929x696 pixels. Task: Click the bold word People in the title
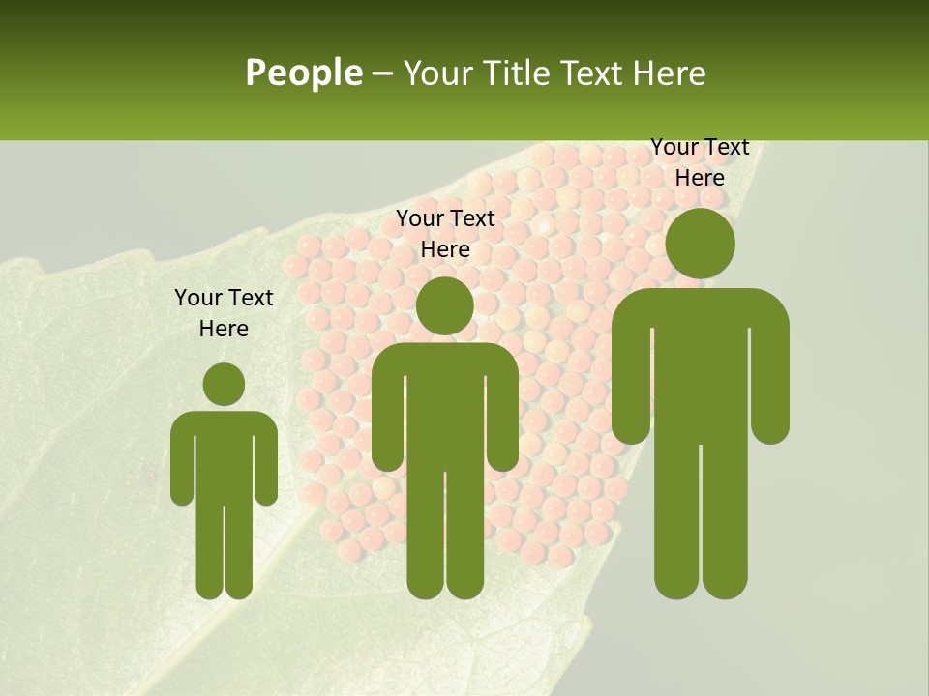tap(303, 72)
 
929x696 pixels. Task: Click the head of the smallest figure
tap(224, 384)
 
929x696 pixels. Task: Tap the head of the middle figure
tap(444, 305)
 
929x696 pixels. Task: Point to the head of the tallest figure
tap(700, 243)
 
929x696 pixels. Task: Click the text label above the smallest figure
tap(224, 313)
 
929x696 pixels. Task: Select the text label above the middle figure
tap(445, 234)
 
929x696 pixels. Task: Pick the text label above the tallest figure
tap(700, 162)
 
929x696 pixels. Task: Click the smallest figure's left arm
tap(181, 464)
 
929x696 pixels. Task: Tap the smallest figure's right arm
tap(266, 464)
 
